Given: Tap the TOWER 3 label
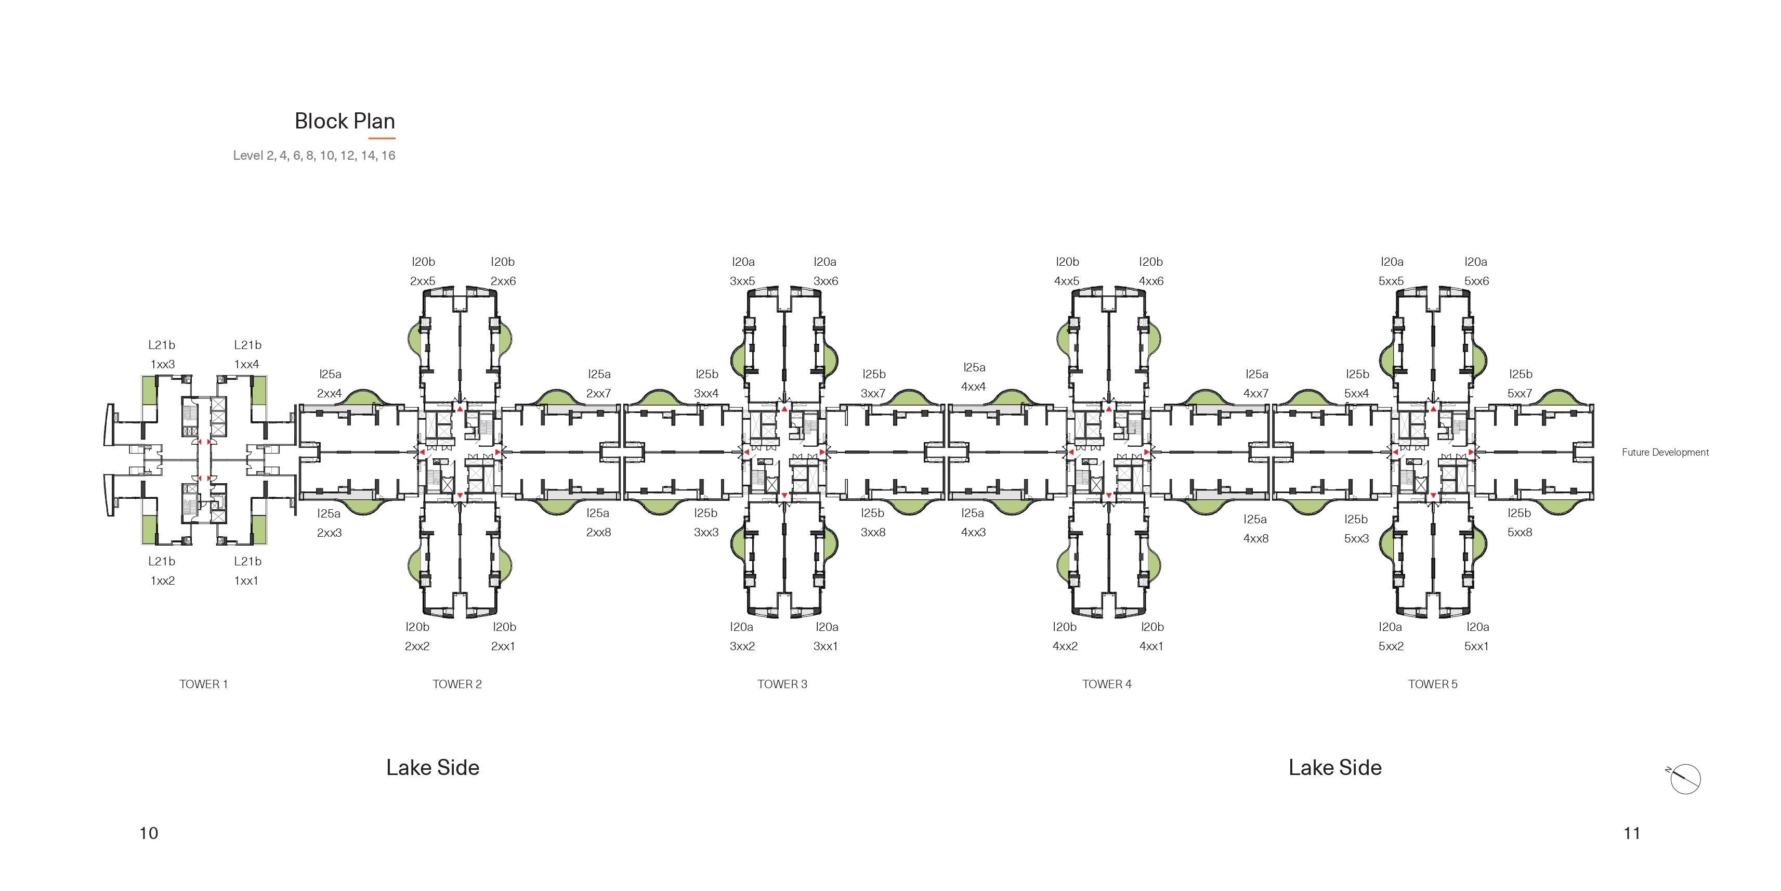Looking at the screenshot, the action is coord(782,684).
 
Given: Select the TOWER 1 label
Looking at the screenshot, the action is coord(203,684).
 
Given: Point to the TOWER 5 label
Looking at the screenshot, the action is coord(1433,684).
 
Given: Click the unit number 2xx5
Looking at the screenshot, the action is coord(423,281).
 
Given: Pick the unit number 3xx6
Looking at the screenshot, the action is coord(826,281).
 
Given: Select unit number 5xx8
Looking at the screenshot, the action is coord(1520,533).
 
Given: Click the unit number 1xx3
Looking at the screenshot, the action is coord(163,365).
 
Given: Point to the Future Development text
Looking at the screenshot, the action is coord(1665,453).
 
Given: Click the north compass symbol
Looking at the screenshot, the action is coord(1684,779).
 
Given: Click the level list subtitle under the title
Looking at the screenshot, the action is coord(314,156).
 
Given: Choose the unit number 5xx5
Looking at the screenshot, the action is coord(1391,281).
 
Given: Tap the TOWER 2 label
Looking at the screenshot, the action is coord(457,684).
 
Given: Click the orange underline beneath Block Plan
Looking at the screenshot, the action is coord(382,138).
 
